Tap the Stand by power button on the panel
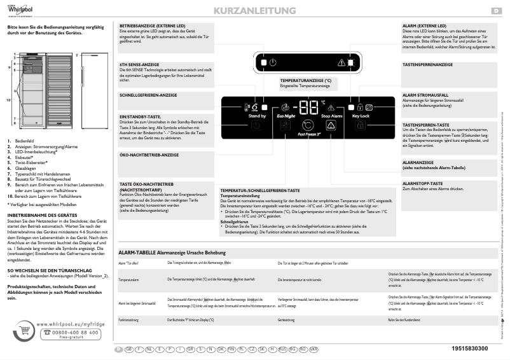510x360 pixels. coord(256,125)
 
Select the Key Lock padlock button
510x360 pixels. coord(360,125)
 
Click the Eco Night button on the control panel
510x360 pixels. coord(286,125)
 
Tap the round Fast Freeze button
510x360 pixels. coord(308,126)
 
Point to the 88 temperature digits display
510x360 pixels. coord(309,107)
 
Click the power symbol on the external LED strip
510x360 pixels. coord(272,62)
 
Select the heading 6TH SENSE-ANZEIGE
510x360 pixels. coord(136,65)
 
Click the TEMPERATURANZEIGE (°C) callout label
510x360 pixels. coord(306,81)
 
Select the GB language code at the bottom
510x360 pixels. coord(130,349)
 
